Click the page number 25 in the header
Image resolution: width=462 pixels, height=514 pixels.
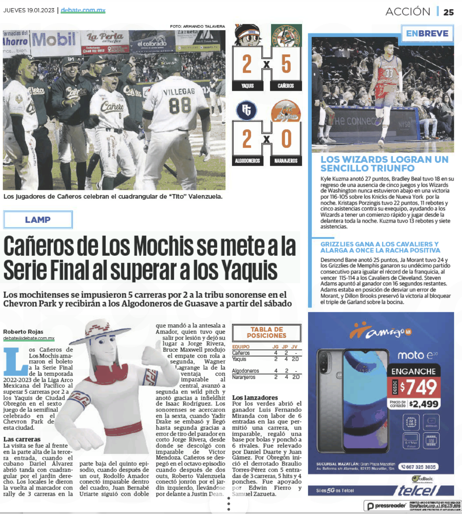[x=448, y=12]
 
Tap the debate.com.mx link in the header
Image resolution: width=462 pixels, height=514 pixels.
[x=83, y=10]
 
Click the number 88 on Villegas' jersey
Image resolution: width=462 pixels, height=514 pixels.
[x=180, y=106]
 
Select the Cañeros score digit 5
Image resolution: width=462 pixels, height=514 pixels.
[x=286, y=64]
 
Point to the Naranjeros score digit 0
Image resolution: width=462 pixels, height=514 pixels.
[x=286, y=139]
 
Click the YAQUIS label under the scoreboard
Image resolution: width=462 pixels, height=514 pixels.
[x=247, y=86]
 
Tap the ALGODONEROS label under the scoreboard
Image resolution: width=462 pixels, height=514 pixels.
[x=247, y=161]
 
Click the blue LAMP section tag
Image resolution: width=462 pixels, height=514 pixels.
[x=38, y=220]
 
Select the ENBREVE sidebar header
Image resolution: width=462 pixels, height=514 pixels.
[x=427, y=34]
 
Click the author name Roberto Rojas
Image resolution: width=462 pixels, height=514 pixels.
[x=23, y=332]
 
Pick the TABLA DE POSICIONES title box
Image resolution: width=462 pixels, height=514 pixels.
[x=267, y=332]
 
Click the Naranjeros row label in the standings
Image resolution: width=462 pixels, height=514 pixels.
[x=244, y=377]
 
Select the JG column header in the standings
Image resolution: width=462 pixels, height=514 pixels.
[x=276, y=347]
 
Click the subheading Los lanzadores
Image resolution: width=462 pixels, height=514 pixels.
[x=255, y=398]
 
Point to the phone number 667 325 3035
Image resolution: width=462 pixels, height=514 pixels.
[x=418, y=467]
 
